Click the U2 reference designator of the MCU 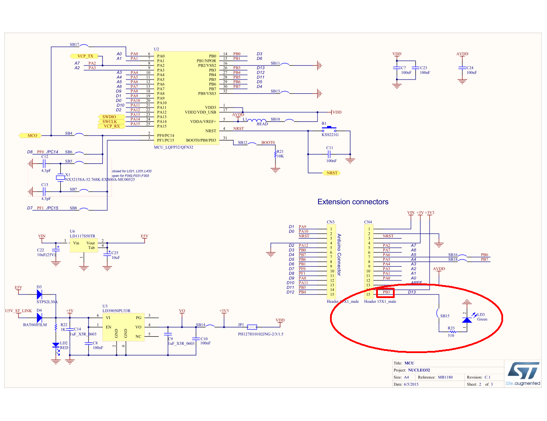pos(156,49)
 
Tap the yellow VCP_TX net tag pos(85,56)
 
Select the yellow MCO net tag pos(32,135)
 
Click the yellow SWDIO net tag pos(109,117)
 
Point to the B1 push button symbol pos(330,128)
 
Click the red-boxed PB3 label pos(386,292)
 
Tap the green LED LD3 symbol pos(467,320)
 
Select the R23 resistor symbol pos(451,332)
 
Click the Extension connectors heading pos(352,202)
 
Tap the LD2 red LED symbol pos(56,345)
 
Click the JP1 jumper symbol pos(252,327)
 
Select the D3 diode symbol pos(39,294)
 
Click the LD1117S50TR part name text pos(82,236)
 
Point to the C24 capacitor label pos(470,68)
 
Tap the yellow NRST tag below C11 pos(331,173)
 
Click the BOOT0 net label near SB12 pos(268,143)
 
